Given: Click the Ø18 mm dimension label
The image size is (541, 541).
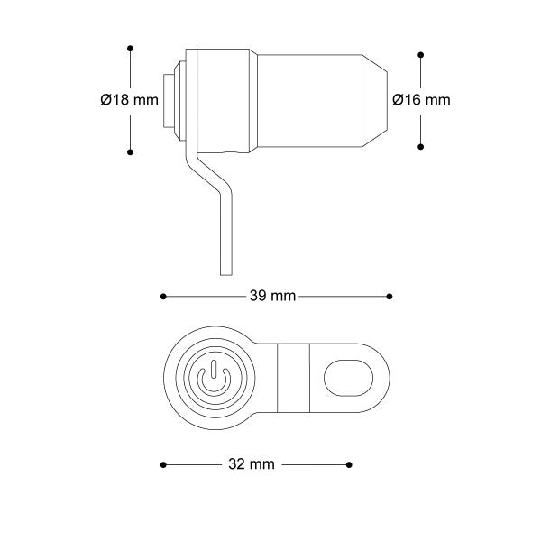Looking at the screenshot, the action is pos(129,100).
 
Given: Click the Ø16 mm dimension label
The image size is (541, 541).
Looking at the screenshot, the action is pos(421,100).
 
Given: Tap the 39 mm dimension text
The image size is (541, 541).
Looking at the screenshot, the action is pos(272,296).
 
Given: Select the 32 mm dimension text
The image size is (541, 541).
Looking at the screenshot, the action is pos(252,464).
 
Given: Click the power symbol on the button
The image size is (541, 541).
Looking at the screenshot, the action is pos(214,379).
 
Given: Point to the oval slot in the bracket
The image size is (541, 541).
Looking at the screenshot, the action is pos(348,378).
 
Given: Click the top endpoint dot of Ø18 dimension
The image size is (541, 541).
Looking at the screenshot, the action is pos(130,49).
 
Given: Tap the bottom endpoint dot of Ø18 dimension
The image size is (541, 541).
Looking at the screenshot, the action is pos(130,152).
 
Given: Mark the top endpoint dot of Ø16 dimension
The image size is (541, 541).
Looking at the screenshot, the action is pos(420,55).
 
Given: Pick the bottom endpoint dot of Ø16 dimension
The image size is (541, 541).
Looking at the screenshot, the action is pos(420,147).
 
